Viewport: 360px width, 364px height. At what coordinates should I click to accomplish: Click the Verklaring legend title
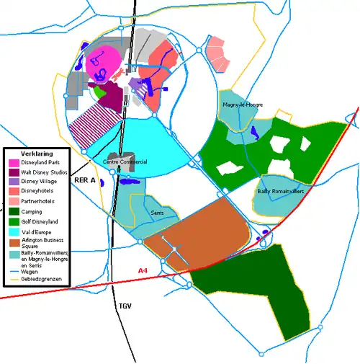point(27,154)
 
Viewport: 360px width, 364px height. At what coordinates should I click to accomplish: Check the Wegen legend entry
point(30,272)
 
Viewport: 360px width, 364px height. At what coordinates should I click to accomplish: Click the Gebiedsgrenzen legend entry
point(41,280)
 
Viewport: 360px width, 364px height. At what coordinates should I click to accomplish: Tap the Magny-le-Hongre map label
point(243,105)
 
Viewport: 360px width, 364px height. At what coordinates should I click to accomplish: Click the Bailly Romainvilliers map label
point(280,192)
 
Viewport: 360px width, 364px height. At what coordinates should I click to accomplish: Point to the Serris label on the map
point(158,213)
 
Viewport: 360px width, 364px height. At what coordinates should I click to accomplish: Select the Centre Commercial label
point(125,162)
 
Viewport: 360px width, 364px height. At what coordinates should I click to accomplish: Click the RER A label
point(85,181)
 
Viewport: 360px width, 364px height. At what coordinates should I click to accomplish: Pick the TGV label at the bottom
point(126,306)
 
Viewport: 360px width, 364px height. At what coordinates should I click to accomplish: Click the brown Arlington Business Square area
point(198,231)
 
